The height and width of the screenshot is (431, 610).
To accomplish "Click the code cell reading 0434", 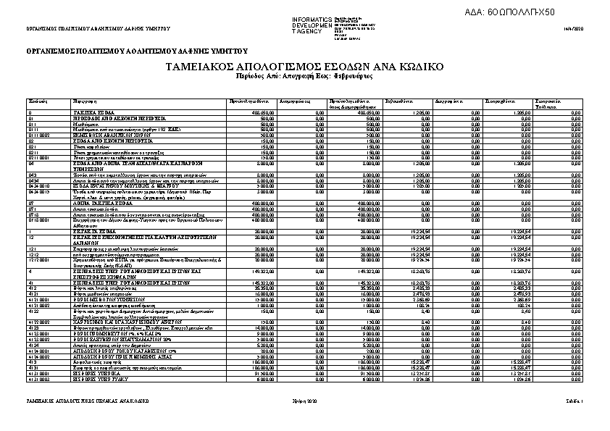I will pos(34,180).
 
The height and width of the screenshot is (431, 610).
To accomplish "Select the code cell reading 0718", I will pos(34,215).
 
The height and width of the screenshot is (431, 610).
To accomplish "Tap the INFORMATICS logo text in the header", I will pos(312,19).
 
